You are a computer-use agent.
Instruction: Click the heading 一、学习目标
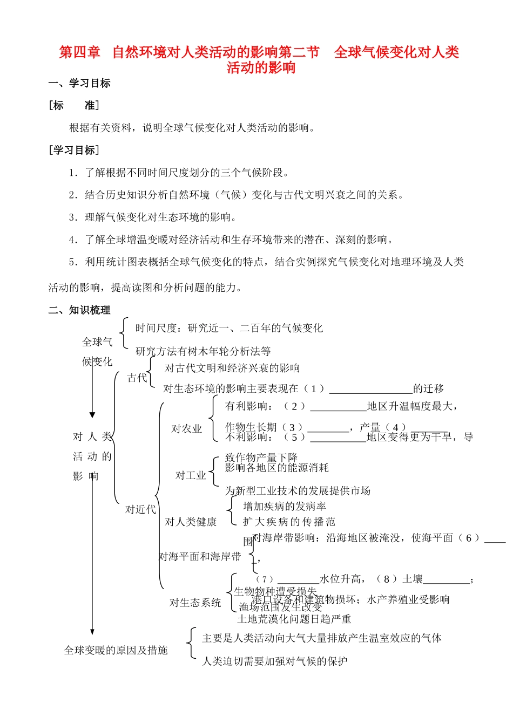tap(79, 83)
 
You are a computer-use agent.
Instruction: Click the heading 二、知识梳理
tap(79, 310)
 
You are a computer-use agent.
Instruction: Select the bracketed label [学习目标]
tap(74, 150)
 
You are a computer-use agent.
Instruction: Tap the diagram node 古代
tap(137, 378)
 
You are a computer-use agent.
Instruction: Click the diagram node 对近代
tap(140, 509)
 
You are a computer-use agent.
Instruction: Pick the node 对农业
tap(186, 429)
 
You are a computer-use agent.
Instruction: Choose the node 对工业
tap(191, 475)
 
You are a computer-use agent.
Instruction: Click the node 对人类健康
tap(191, 522)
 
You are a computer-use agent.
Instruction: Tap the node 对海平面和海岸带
tap(200, 556)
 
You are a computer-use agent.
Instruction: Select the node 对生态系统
tap(195, 603)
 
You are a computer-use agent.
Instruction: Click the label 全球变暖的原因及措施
tap(116, 650)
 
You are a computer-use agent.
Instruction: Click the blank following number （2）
tap(339, 407)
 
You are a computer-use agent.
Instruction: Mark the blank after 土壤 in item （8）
tap(447, 580)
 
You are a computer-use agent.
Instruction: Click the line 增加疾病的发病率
tap(285, 506)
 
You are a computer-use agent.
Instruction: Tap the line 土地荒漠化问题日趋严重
tap(294, 619)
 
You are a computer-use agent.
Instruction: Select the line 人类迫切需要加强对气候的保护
tap(275, 661)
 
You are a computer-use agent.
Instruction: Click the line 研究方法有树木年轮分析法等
tap(203, 351)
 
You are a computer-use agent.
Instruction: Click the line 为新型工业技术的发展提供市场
tap(298, 490)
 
